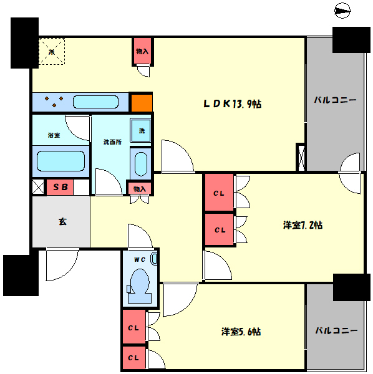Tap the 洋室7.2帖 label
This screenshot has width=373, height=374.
click(303, 225)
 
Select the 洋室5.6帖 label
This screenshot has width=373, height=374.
click(240, 332)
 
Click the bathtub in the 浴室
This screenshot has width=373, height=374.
click(60, 161)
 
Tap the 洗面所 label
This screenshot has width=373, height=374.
click(112, 141)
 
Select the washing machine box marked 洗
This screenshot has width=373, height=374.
click(140, 131)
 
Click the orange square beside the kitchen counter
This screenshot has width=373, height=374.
click(141, 102)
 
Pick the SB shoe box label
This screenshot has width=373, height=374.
click(60, 186)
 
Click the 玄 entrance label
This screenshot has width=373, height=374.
click(63, 221)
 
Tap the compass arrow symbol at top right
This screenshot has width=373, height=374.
click(342, 10)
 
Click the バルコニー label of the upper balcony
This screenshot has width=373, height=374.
click(335, 99)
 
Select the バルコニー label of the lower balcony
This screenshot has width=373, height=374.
click(335, 330)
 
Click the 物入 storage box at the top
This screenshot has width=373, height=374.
click(142, 52)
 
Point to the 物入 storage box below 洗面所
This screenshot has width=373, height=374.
click(139, 188)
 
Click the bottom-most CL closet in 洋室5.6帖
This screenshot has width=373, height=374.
click(133, 358)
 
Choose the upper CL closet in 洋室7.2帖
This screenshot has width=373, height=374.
click(219, 193)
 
